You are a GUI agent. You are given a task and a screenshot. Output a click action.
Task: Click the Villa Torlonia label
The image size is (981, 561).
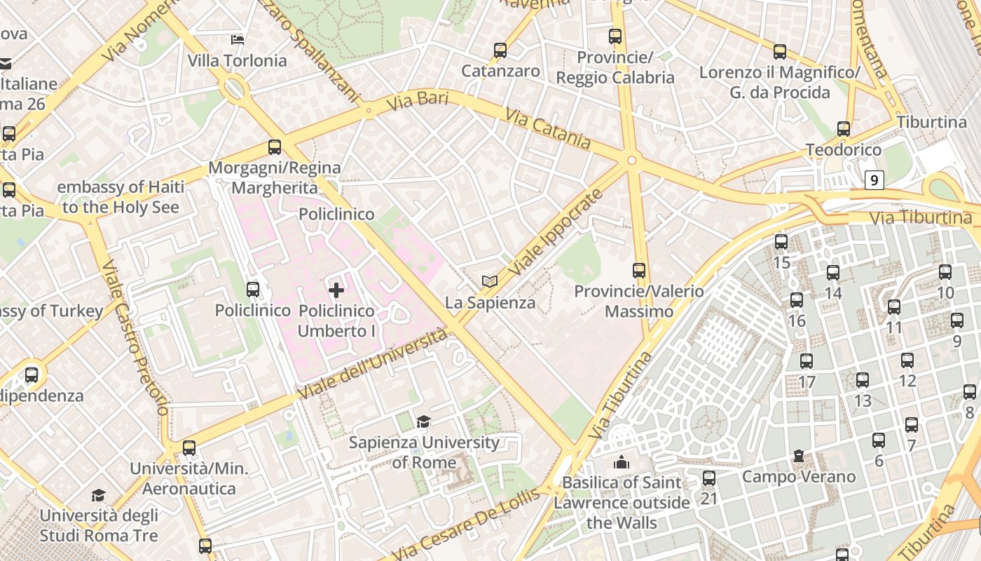click(237, 61)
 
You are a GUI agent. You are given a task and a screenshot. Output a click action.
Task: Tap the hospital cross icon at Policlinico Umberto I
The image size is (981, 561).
click(336, 290)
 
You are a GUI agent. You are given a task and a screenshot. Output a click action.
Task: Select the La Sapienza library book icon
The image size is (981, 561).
click(490, 282)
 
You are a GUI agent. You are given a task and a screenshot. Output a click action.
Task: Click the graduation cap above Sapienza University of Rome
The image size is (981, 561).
click(423, 421)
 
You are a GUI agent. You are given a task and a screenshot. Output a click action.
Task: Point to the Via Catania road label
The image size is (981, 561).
click(547, 129)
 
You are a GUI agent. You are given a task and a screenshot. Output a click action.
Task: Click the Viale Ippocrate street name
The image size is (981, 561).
click(555, 232)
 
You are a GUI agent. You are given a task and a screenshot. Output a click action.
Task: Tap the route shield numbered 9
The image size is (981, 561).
click(874, 180)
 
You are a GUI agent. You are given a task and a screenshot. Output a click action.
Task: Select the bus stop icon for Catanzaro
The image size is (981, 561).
click(500, 50)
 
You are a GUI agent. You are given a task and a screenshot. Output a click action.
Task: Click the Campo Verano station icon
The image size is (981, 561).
click(799, 457)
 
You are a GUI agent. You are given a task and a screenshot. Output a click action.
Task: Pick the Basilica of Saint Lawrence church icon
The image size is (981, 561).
click(621, 462)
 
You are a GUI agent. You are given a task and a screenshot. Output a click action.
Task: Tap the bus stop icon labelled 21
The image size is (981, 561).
click(709, 478)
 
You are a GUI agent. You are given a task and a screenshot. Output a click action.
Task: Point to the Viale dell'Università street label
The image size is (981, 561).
click(372, 365)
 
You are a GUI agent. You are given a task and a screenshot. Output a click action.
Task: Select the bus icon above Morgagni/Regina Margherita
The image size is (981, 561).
click(275, 147)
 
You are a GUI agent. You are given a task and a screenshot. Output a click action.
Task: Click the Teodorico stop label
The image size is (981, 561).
click(843, 150)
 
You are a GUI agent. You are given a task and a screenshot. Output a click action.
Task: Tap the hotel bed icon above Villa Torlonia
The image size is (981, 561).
click(238, 40)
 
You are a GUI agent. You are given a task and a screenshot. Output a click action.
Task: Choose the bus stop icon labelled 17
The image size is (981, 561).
click(807, 361)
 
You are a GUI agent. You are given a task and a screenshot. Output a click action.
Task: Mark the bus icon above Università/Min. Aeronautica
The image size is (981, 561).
click(188, 448)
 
